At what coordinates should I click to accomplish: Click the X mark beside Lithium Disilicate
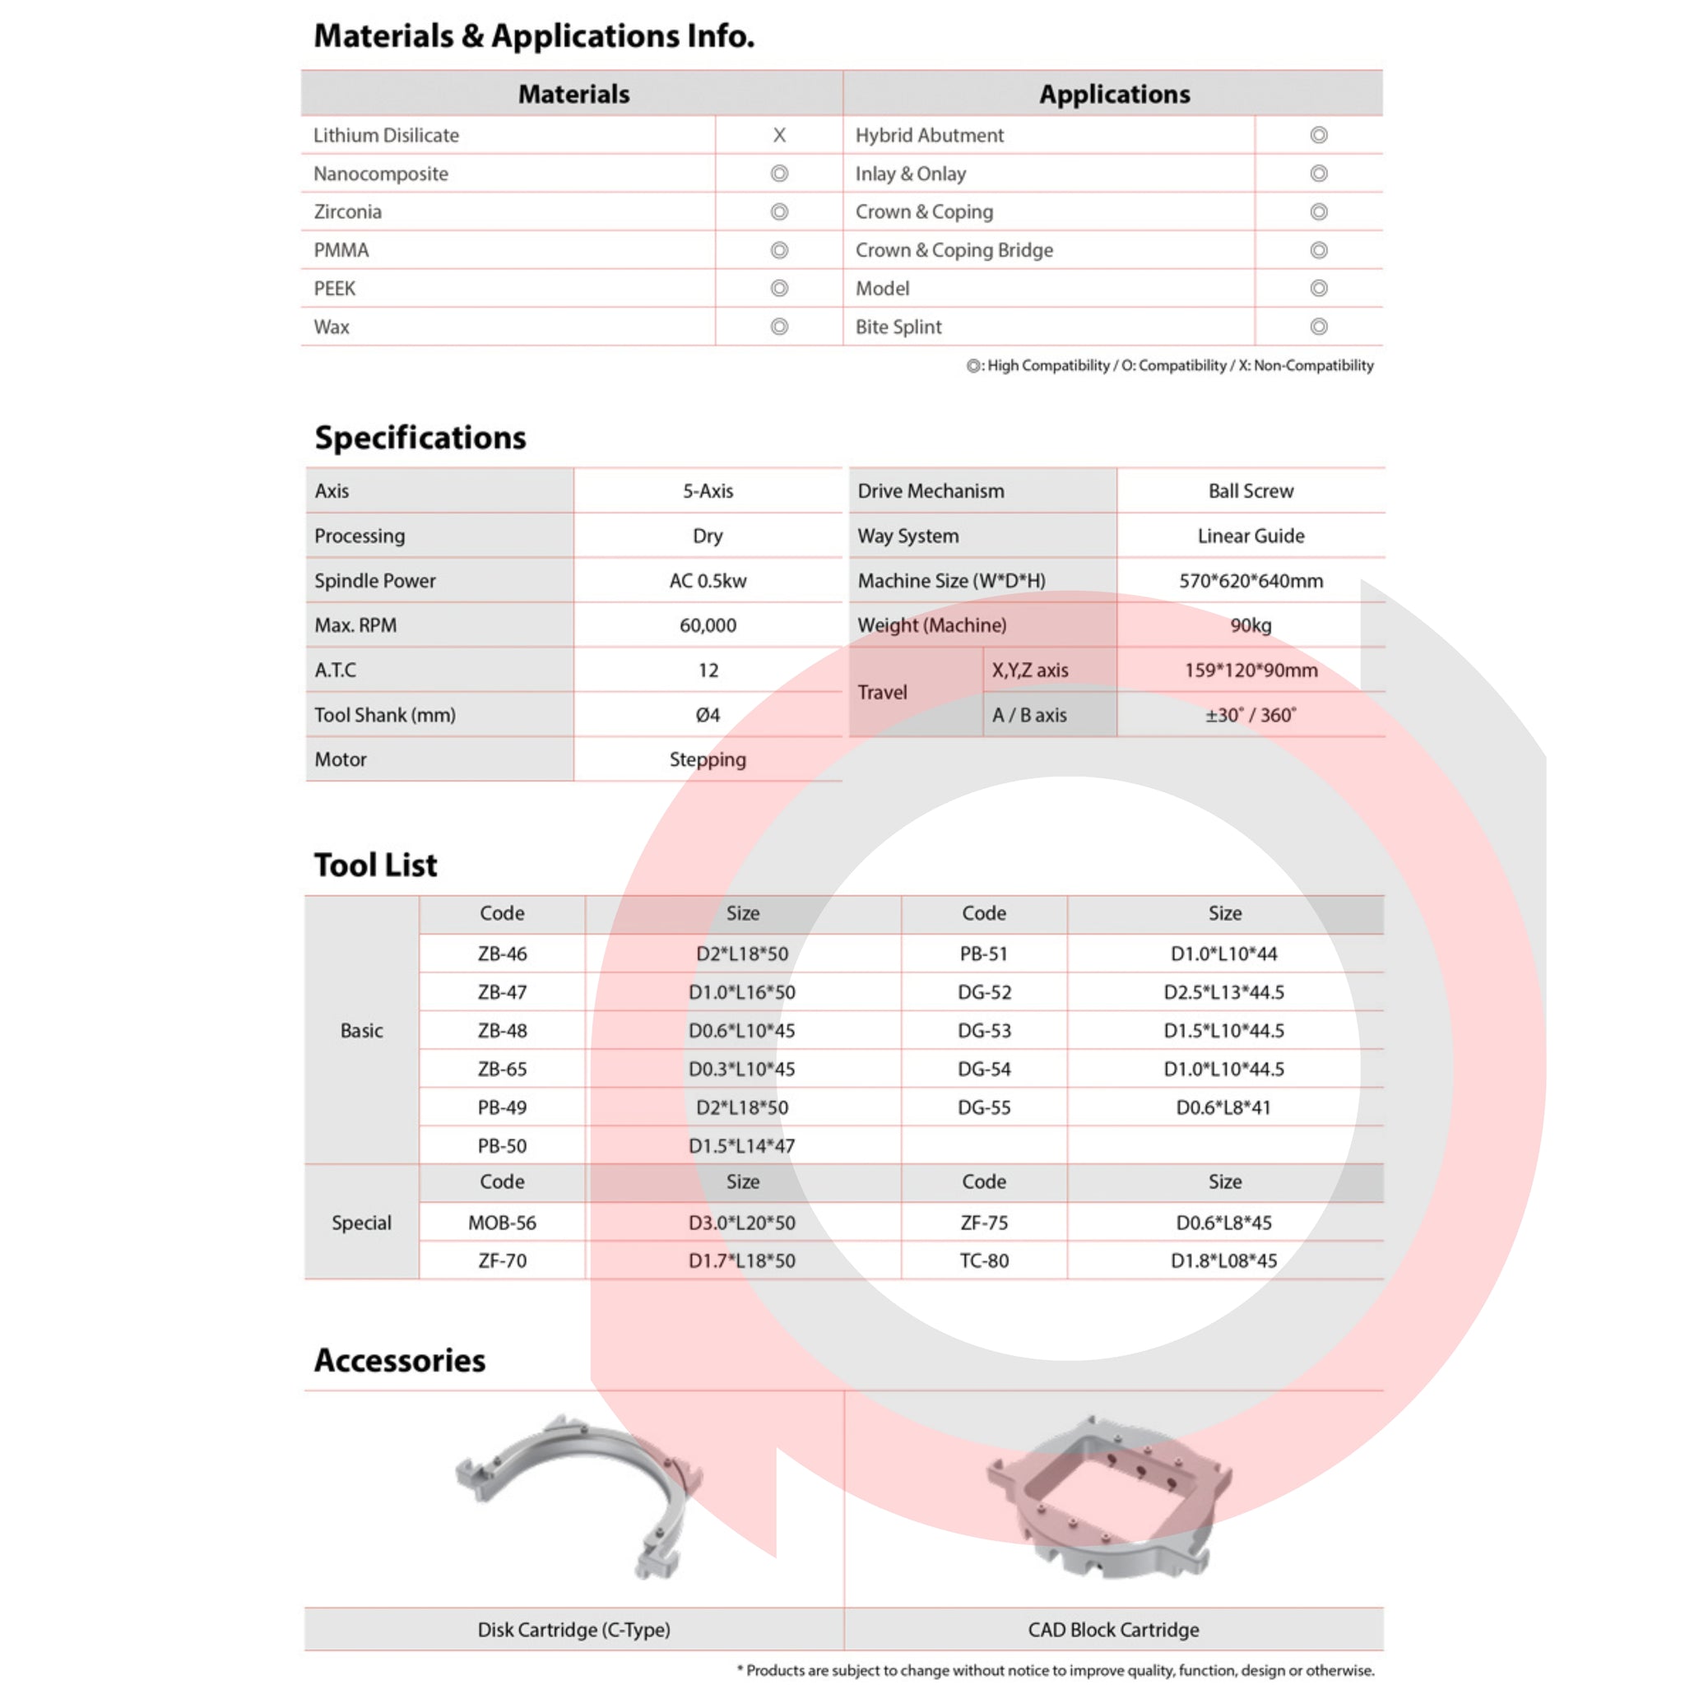tap(779, 135)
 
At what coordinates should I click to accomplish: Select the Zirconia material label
tap(348, 212)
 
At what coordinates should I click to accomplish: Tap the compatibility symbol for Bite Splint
tap(1318, 327)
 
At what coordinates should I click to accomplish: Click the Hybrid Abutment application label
tap(929, 135)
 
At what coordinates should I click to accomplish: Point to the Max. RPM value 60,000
tap(708, 625)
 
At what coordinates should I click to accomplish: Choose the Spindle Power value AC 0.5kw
tap(708, 581)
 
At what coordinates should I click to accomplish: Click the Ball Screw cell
tap(1250, 491)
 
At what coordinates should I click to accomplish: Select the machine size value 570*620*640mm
tap(1250, 581)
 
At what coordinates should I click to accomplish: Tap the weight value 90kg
tap(1250, 625)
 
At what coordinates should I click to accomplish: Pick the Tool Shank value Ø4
tap(708, 715)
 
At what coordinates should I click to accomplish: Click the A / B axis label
tap(1029, 715)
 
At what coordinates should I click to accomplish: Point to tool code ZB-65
tap(503, 1069)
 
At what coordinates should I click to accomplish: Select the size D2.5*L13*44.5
tap(1223, 991)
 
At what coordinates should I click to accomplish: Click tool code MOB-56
tap(503, 1223)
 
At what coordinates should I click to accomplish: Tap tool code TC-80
tap(984, 1260)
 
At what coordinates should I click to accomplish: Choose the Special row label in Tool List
tap(361, 1223)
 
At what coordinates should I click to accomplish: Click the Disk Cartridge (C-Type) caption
tap(574, 1629)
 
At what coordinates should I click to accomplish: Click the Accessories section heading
tap(399, 1361)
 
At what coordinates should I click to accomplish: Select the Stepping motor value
tap(708, 759)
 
